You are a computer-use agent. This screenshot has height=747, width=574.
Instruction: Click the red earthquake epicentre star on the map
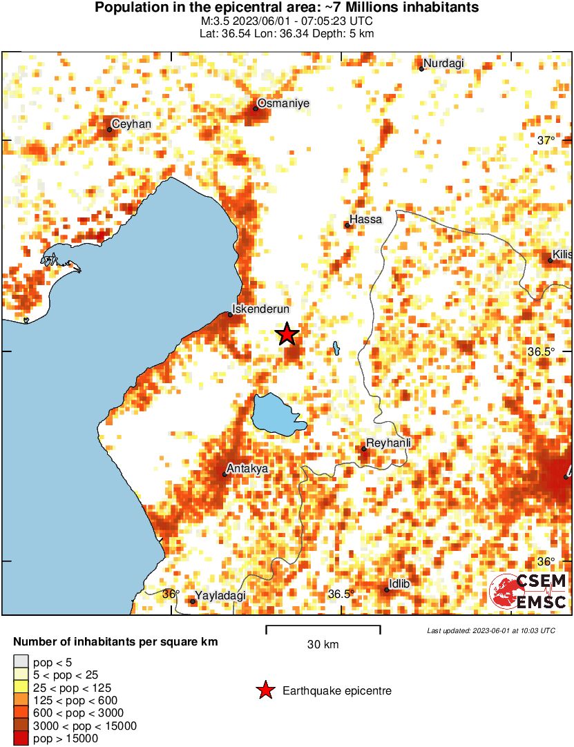(287, 334)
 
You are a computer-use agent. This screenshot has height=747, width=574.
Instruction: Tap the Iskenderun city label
(260, 309)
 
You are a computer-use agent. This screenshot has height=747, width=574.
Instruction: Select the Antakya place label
(248, 469)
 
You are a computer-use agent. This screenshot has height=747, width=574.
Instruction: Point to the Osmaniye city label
(283, 104)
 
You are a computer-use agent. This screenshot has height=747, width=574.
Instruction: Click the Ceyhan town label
(131, 124)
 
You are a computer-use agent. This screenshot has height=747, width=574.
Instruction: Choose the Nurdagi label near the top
(443, 64)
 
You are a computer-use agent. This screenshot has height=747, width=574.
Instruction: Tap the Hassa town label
(365, 220)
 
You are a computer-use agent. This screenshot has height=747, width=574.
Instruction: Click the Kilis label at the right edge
(562, 255)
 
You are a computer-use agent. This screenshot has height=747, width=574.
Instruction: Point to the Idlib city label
(399, 584)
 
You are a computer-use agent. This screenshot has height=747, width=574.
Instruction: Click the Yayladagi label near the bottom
(220, 595)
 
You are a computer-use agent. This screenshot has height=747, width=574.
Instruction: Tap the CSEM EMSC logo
(528, 592)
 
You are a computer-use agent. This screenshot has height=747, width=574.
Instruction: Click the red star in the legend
(265, 690)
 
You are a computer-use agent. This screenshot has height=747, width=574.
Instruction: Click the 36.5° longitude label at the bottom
(341, 594)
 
